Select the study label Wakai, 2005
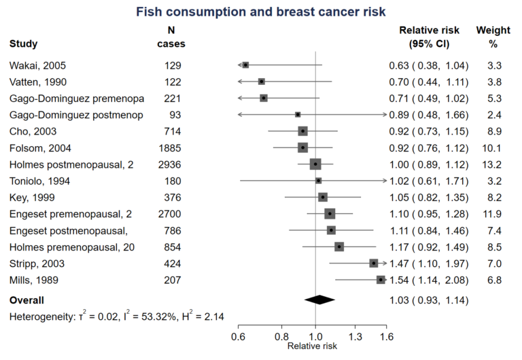(38, 65)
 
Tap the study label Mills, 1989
(34, 279)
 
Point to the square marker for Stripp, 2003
(373, 262)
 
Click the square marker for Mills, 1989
(381, 279)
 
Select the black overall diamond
(320, 299)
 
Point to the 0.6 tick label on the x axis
(239, 336)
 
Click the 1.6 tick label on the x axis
(385, 336)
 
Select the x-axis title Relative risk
(312, 346)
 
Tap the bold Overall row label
(27, 299)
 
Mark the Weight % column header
(493, 37)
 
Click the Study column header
(24, 44)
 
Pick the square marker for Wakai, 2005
(245, 65)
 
